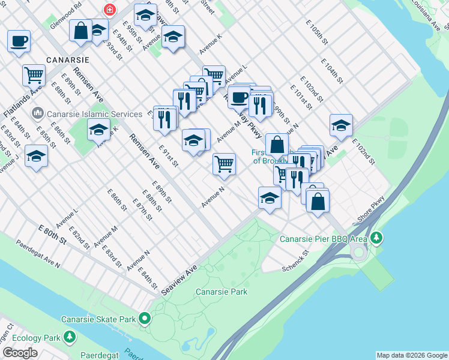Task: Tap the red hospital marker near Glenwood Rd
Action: [x=110, y=10]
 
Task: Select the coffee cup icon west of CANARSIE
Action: [x=19, y=41]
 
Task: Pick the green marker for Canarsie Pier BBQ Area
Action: [x=376, y=238]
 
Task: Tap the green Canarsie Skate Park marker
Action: [x=145, y=318]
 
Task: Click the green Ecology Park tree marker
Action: [x=70, y=337]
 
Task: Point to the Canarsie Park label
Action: [x=221, y=292]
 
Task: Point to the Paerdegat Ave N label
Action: [x=38, y=255]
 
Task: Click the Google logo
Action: [x=20, y=353]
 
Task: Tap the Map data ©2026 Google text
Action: [x=412, y=355]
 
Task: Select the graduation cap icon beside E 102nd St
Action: [x=340, y=125]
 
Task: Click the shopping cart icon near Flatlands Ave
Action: [x=34, y=76]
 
